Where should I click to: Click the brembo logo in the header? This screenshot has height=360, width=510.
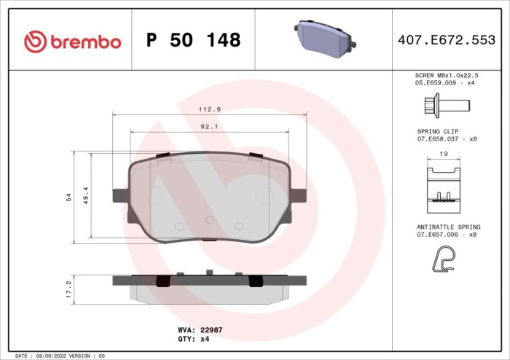pos(72,41)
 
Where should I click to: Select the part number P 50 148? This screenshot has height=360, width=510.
pos(193,41)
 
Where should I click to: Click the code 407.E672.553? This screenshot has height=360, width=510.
pos(447,41)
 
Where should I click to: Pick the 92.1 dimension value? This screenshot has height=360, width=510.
pos(210,126)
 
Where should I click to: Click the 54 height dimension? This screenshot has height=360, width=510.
pos(68,197)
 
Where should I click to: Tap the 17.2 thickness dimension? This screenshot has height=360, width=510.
pos(68,289)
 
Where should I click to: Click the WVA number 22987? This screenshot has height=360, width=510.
pos(211,329)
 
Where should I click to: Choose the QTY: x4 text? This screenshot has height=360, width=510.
pos(194,339)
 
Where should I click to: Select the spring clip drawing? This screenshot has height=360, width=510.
pos(442,184)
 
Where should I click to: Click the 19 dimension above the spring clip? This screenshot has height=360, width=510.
pos(443,154)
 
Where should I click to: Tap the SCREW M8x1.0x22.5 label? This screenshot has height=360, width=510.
pos(446,75)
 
